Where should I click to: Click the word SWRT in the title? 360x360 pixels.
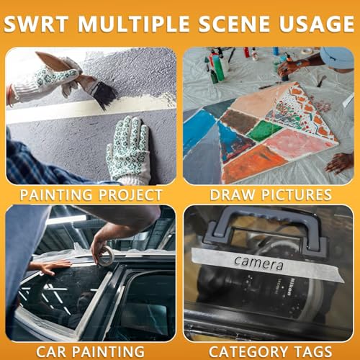click(36, 24)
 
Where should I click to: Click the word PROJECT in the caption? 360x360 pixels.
click(130, 195)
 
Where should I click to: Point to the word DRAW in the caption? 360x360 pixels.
click(232, 195)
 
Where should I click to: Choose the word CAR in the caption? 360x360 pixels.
click(51, 352)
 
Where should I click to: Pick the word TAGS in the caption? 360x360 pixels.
click(313, 352)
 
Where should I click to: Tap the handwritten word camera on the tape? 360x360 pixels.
click(259, 263)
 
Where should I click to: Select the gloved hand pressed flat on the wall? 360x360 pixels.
click(128, 150)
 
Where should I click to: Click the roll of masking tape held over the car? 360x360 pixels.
click(107, 257)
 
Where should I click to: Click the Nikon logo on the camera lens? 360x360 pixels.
click(289, 287)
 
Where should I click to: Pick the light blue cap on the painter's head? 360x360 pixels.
click(337, 57)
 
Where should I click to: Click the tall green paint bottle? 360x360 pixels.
click(218, 68)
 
